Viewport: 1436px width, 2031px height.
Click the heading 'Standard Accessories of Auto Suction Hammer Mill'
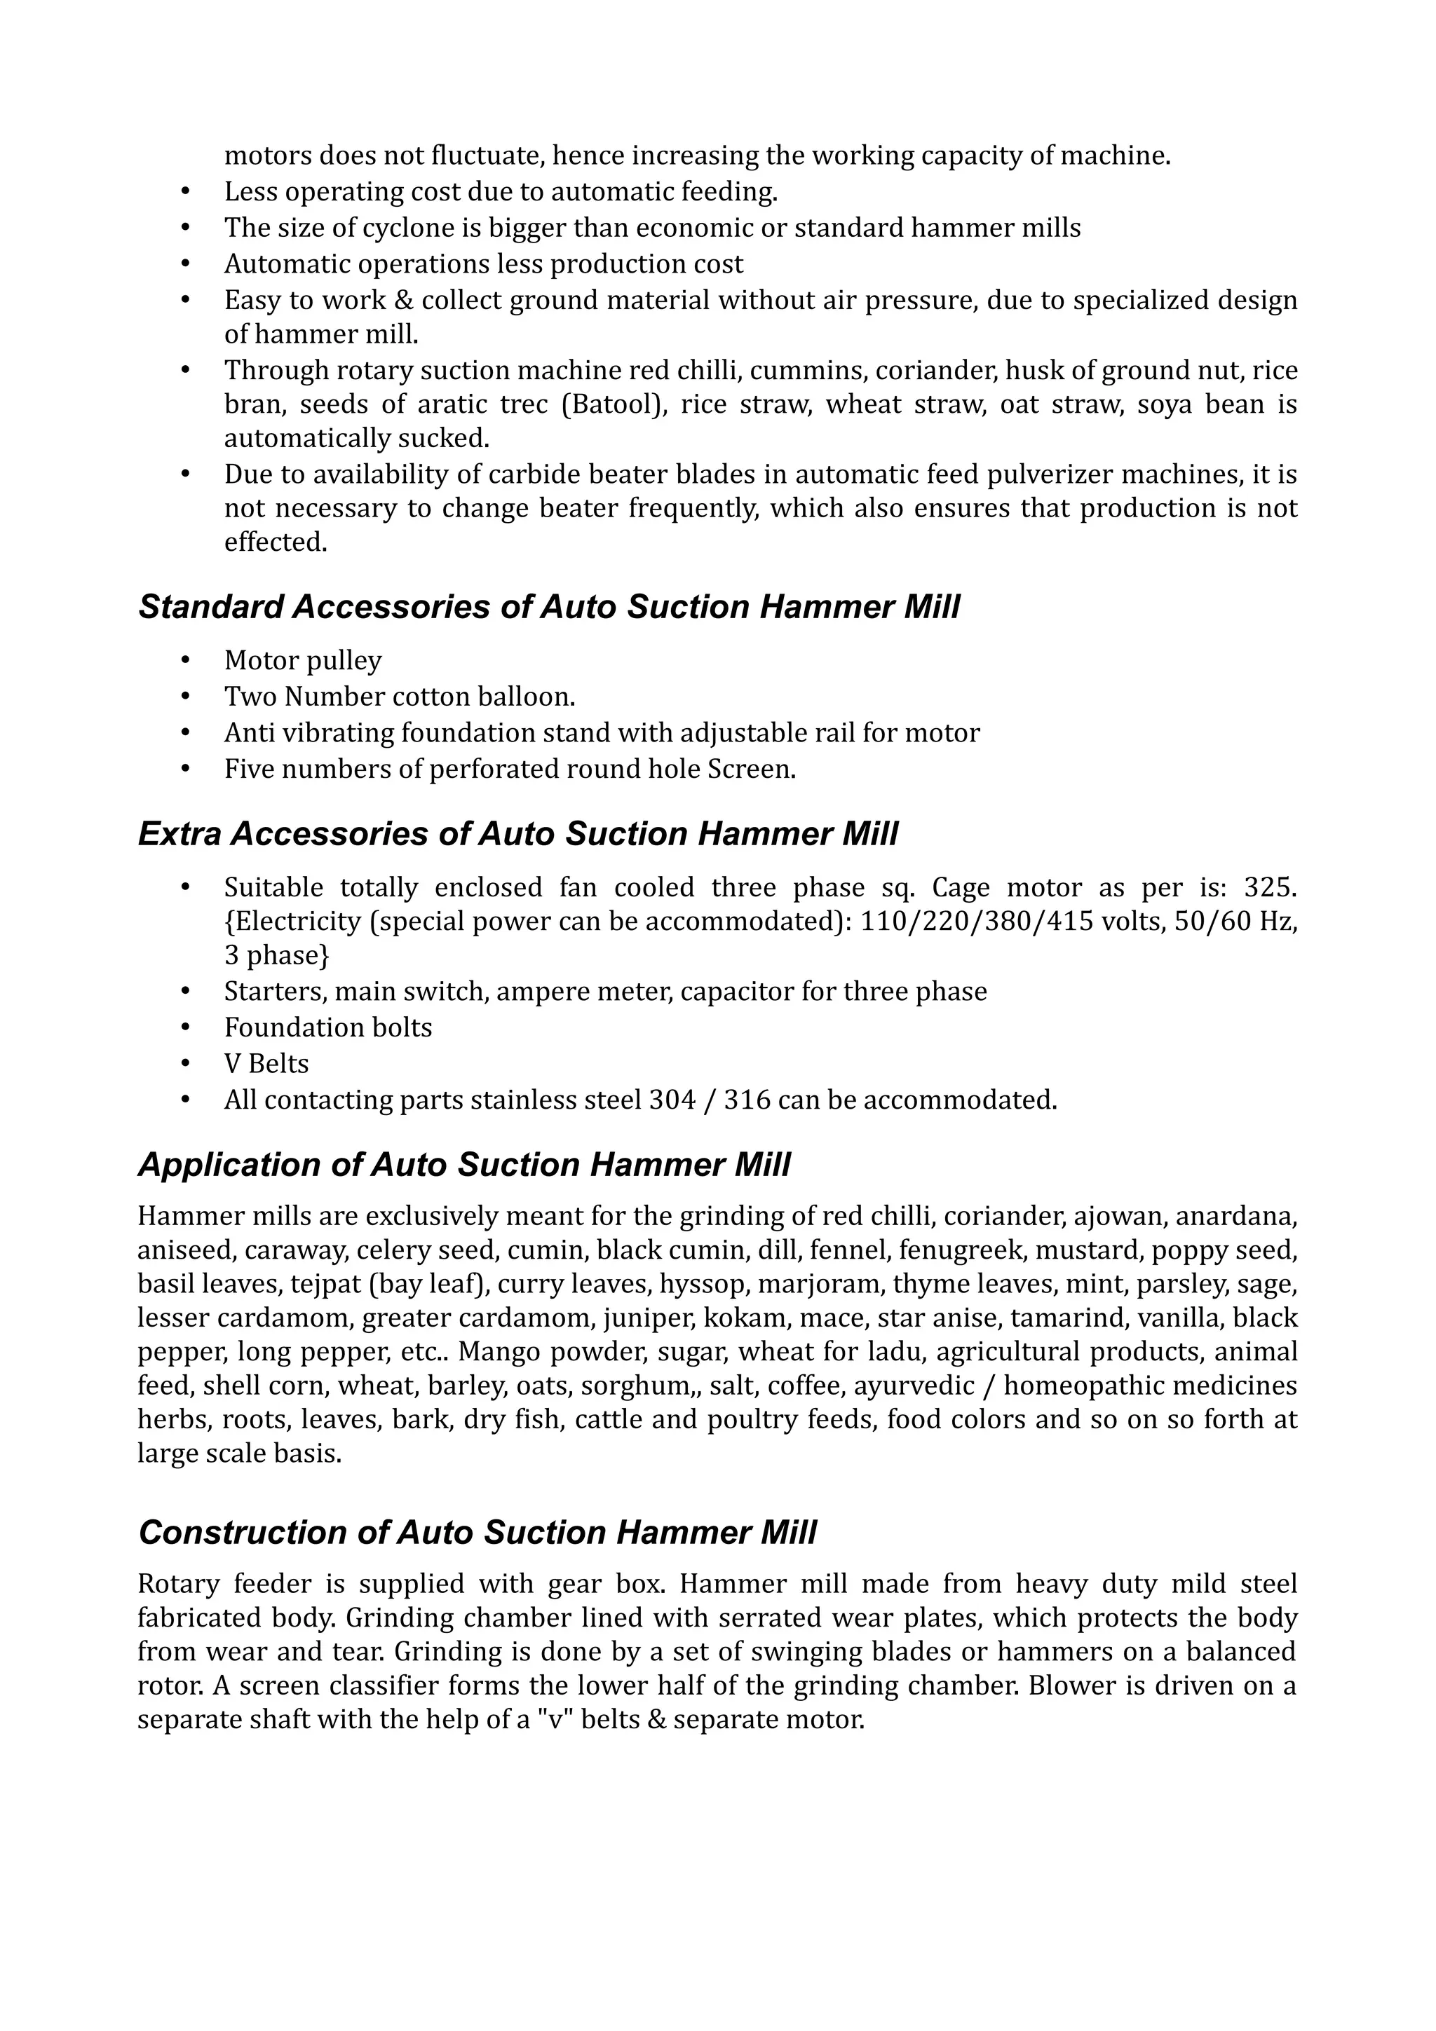(548, 608)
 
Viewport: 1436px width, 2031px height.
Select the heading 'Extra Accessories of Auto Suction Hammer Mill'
(517, 834)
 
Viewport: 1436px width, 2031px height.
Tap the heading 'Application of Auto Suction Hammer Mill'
(463, 1165)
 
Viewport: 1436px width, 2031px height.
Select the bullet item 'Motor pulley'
(303, 661)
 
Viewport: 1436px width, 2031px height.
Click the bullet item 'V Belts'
(266, 1063)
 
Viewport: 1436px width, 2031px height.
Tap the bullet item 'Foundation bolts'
(328, 1027)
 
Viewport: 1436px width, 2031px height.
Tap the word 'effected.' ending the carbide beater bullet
(276, 542)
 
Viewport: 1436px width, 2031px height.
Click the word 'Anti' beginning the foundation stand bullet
(249, 733)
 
